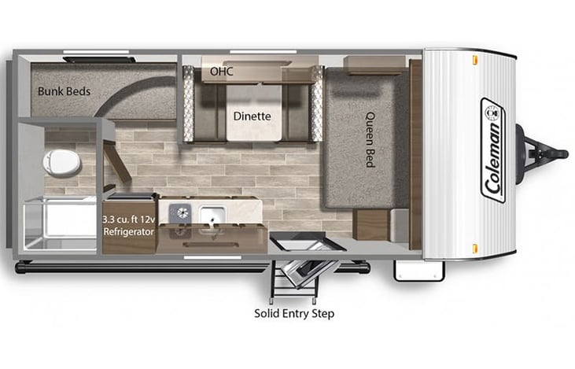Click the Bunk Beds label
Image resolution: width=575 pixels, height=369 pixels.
tap(64, 91)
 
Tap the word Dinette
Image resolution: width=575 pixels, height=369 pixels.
tap(252, 116)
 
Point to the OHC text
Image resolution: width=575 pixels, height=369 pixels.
tap(221, 72)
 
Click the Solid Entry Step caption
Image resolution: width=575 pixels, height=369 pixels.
tap(294, 313)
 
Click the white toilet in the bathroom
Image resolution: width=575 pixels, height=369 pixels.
tap(61, 161)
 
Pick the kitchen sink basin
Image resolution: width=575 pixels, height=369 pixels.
tap(212, 213)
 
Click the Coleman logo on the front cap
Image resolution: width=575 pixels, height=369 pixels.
tap(493, 149)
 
